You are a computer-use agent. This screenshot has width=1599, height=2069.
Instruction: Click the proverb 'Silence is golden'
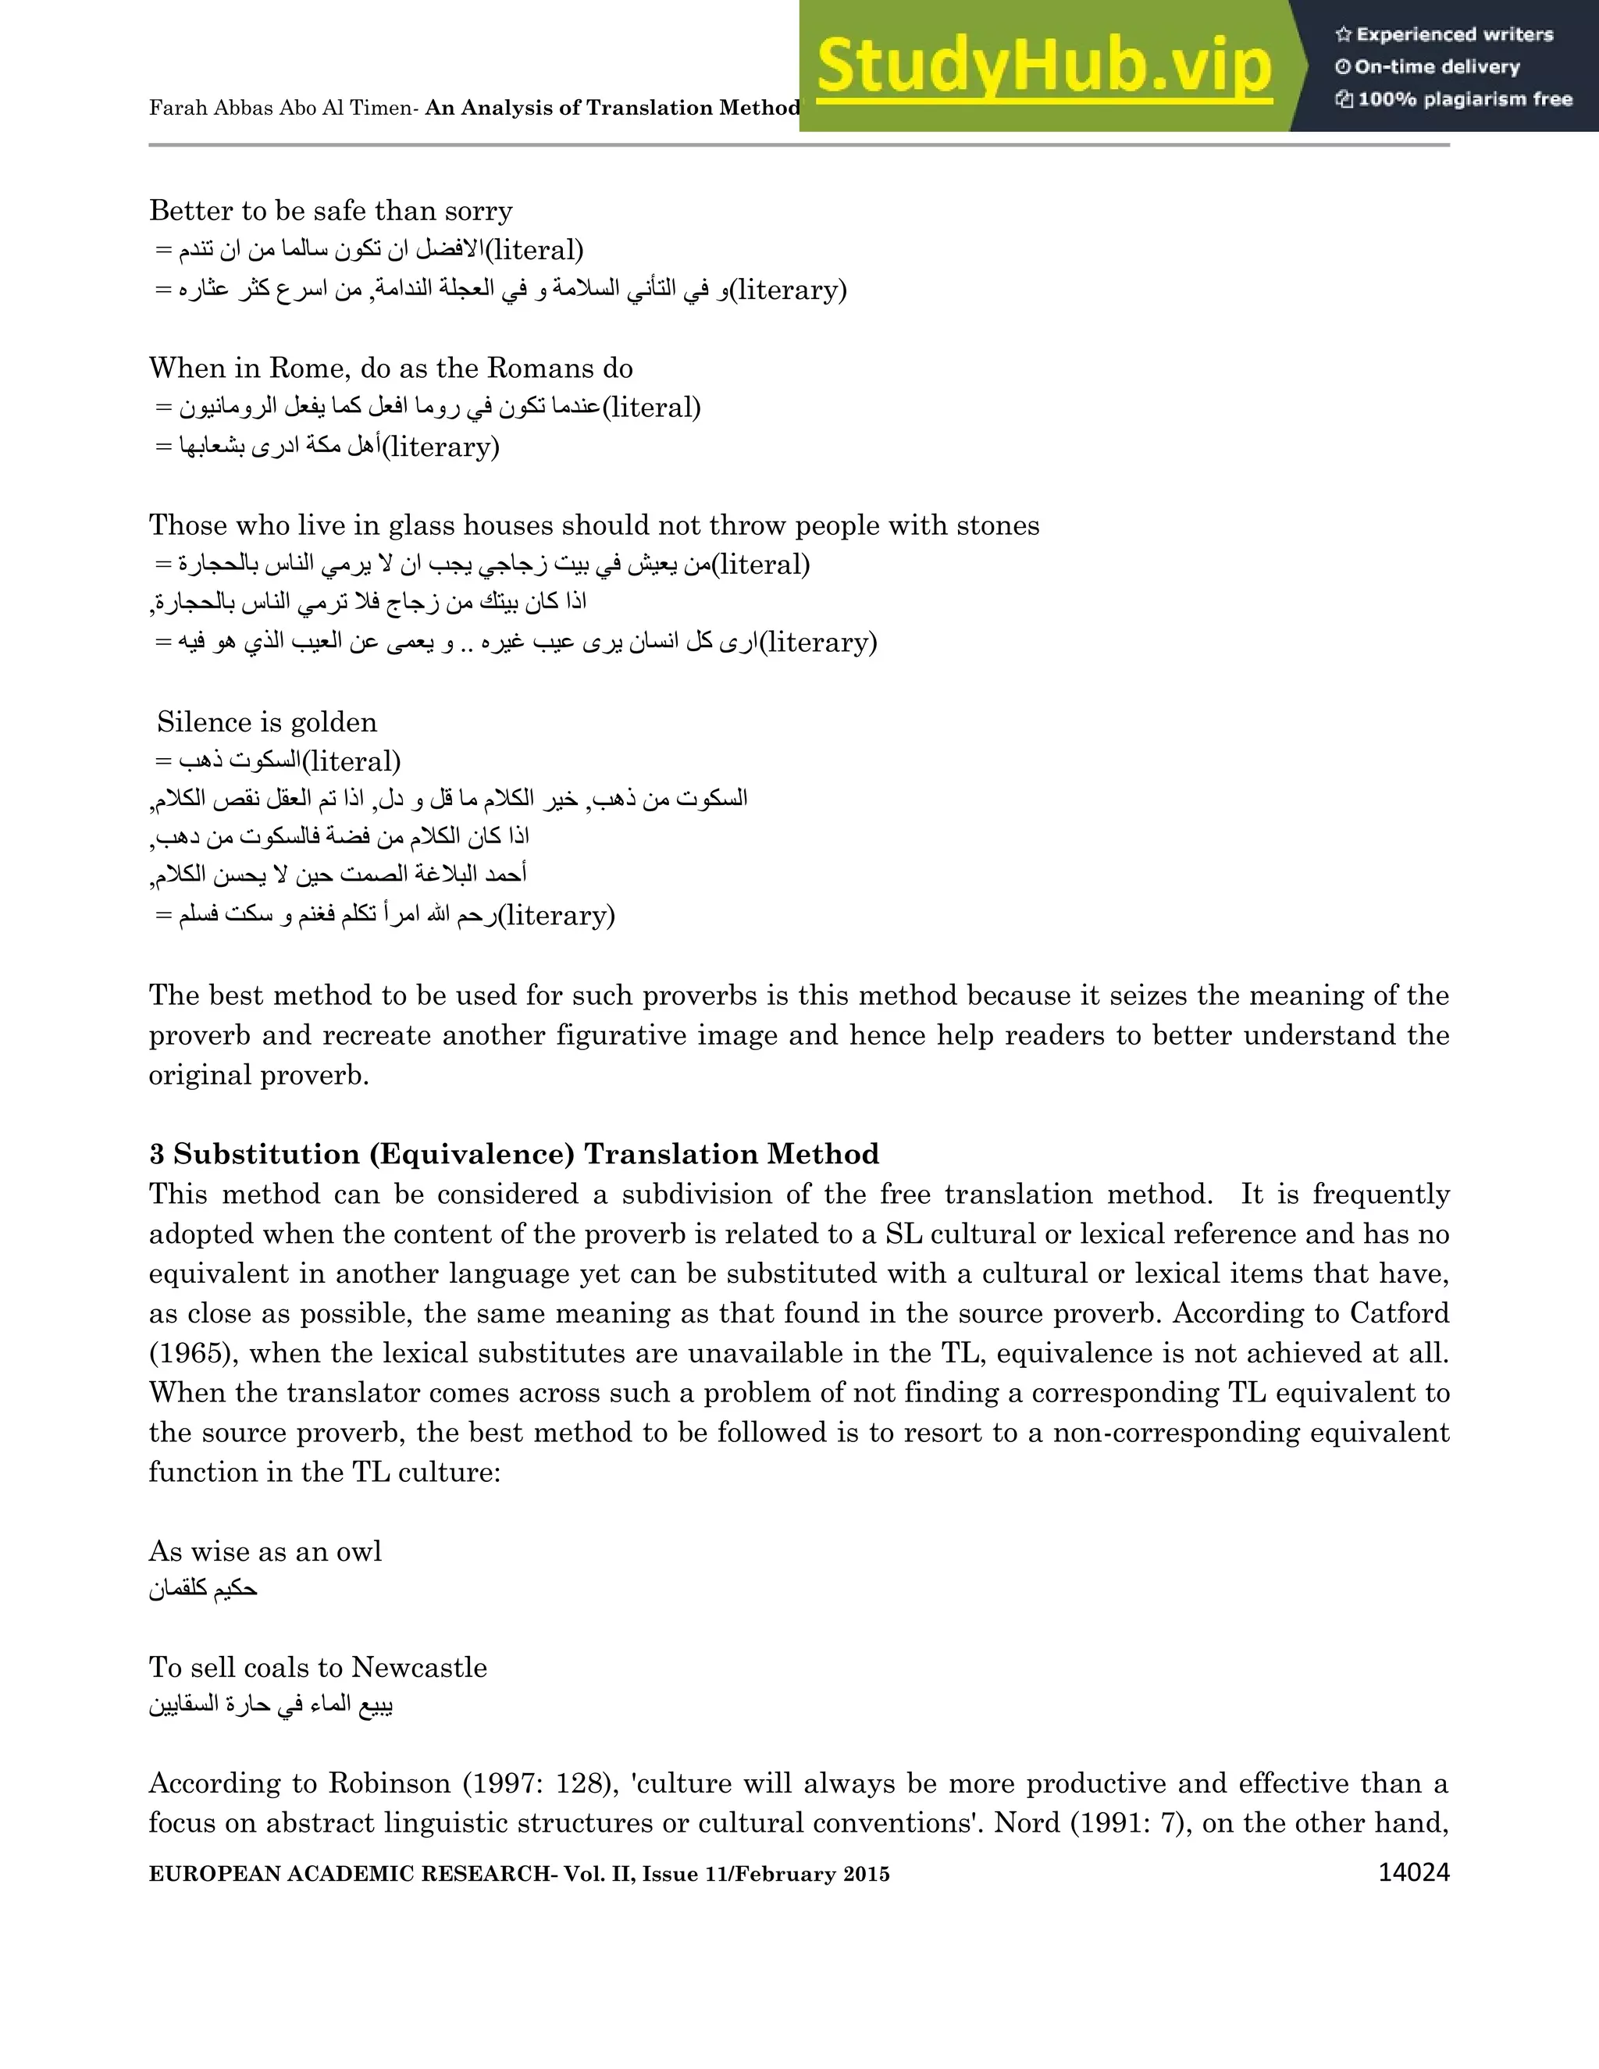[x=267, y=722]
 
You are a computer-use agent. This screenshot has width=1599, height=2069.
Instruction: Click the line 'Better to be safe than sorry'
[x=330, y=210]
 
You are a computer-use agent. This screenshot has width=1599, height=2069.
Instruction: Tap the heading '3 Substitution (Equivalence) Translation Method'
[x=515, y=1154]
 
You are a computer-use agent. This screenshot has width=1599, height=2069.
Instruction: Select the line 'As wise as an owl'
[x=265, y=1551]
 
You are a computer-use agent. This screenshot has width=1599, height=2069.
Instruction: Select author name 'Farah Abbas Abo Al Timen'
[x=281, y=108]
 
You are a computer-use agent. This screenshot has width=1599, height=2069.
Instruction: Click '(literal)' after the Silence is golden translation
[x=351, y=760]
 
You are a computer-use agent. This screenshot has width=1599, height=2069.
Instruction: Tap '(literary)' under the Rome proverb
[x=440, y=446]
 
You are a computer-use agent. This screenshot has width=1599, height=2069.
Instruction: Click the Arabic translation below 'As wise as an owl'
[x=203, y=1589]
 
